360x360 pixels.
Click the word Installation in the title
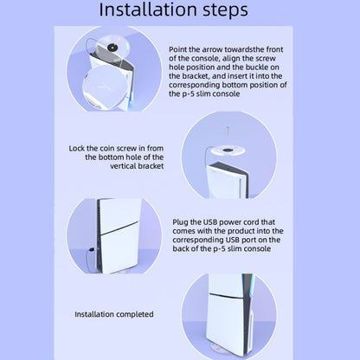[x=148, y=10]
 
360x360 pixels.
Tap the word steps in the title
[x=225, y=10]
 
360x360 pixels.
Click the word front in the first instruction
[x=274, y=49]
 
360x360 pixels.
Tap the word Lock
[x=77, y=148]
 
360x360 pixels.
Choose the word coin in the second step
[x=106, y=149]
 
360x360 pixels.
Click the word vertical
[x=123, y=166]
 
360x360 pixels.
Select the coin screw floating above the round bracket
[x=228, y=131]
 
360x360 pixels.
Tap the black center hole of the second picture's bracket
[x=228, y=150]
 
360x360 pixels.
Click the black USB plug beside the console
[x=92, y=249]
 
